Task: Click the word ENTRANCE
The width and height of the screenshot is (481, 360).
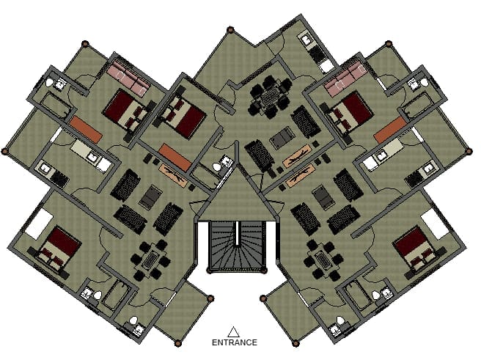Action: pos(235,342)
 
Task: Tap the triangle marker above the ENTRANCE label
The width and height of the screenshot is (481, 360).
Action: pos(233,332)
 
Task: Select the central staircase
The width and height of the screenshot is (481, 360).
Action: pos(237,247)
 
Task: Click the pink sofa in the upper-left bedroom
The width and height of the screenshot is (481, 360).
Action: pos(128,77)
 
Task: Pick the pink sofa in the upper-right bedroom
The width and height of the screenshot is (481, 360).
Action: pos(346,78)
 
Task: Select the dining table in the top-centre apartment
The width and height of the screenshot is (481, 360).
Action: pos(270,97)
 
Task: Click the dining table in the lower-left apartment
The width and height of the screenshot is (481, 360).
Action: pos(150,260)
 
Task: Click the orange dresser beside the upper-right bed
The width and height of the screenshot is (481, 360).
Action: pos(391,130)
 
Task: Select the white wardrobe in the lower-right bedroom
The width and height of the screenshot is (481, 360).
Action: pos(435,224)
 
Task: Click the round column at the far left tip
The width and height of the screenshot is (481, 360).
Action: pos(4,151)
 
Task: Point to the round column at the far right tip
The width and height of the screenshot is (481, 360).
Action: pos(469,151)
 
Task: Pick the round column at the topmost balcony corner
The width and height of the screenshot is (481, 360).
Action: pos(230,30)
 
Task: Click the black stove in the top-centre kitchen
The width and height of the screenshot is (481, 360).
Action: pos(317,54)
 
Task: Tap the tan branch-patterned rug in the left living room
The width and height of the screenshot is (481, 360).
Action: pos(173,176)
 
